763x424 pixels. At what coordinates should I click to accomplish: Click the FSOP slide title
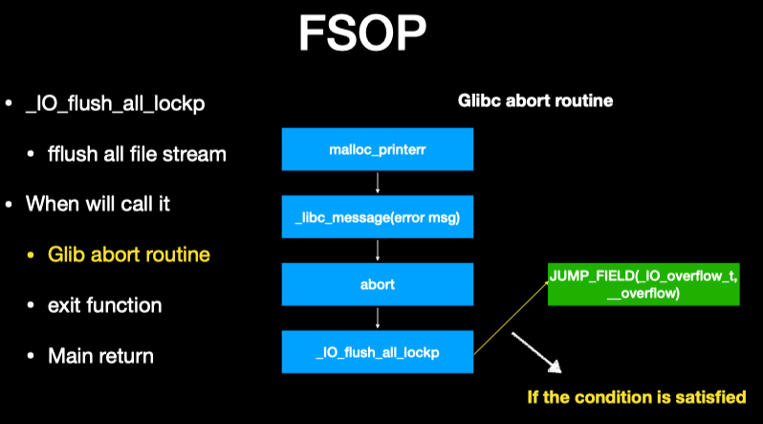362,35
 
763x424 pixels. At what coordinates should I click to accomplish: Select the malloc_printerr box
379,151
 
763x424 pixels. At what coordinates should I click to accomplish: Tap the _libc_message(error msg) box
379,217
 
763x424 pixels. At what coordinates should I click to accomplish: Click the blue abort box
379,283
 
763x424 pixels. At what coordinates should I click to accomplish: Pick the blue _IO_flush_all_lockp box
379,350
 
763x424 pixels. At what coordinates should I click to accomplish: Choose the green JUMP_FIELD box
643,283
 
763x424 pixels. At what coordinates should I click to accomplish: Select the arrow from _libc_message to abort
379,251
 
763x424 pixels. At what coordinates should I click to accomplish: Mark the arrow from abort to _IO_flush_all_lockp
379,317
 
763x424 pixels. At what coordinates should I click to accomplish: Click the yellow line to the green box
512,320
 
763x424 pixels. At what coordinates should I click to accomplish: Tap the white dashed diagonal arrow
535,353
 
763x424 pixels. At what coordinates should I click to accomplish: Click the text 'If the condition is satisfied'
637,395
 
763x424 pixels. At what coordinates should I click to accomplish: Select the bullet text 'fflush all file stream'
137,153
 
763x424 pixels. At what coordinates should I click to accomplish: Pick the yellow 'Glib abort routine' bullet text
129,255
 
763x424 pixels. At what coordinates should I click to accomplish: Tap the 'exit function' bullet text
105,305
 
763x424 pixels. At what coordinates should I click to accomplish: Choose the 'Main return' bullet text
101,356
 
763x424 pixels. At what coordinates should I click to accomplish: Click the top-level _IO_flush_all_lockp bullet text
120,102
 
